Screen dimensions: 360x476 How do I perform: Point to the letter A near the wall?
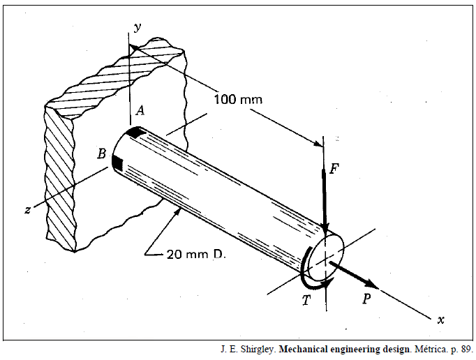[140, 110]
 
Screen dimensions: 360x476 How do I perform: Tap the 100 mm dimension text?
[237, 100]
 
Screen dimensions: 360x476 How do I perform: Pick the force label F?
[334, 168]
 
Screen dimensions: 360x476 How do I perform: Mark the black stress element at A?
[136, 131]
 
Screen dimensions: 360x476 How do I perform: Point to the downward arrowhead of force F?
[325, 229]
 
